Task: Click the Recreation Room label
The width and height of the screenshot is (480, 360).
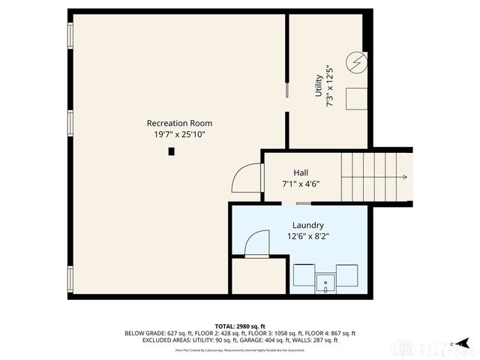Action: (178, 123)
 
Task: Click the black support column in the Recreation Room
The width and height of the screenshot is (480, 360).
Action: (171, 151)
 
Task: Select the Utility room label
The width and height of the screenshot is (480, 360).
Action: (319, 85)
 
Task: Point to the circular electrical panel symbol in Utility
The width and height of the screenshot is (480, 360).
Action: (357, 61)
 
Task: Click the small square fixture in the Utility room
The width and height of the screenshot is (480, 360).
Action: (356, 99)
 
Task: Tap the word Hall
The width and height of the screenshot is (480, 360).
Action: (300, 172)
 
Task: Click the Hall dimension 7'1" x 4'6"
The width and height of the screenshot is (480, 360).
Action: (300, 184)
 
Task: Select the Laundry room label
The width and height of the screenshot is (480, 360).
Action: (307, 225)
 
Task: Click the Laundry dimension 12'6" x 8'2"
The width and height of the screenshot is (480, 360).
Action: (307, 236)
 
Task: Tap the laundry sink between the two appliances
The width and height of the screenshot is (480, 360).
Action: (325, 283)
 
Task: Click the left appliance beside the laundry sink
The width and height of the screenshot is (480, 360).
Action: (303, 275)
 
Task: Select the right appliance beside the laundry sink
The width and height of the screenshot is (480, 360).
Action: (346, 275)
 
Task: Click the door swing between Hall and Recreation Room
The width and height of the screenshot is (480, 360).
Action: (245, 180)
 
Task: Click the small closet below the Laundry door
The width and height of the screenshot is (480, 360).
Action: (259, 276)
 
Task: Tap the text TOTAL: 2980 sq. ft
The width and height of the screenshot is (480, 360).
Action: (239, 326)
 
